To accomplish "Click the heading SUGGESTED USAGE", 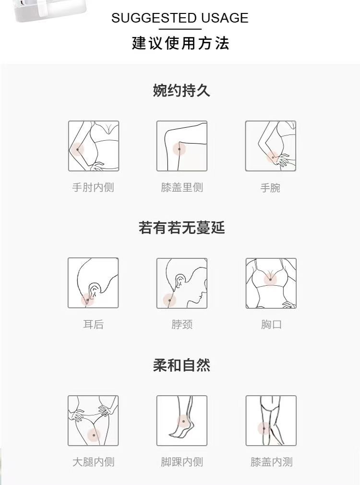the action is tap(180, 18).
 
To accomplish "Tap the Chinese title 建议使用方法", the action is tap(180, 43).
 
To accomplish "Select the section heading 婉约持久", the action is tap(181, 90).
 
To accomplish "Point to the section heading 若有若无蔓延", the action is tap(181, 228).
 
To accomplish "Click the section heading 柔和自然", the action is tap(181, 365).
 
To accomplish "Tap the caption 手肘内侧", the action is tap(93, 187).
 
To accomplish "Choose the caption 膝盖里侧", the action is tap(182, 187).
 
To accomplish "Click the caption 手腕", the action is tap(270, 188).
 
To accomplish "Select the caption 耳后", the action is tap(93, 325).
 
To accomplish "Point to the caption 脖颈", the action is tap(182, 325).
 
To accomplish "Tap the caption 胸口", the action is tap(271, 325).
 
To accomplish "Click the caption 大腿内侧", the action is tap(94, 462).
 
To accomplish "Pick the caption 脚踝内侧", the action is tap(182, 462).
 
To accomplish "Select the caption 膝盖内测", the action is tap(271, 462).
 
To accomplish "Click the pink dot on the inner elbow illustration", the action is tap(78, 150).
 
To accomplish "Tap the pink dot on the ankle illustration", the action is tap(183, 421).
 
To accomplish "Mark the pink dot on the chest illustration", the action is tap(270, 279).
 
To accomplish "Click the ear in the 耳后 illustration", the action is tap(95, 290).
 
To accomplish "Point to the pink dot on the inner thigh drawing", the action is tap(94, 435).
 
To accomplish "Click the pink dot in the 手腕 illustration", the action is tap(273, 157).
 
